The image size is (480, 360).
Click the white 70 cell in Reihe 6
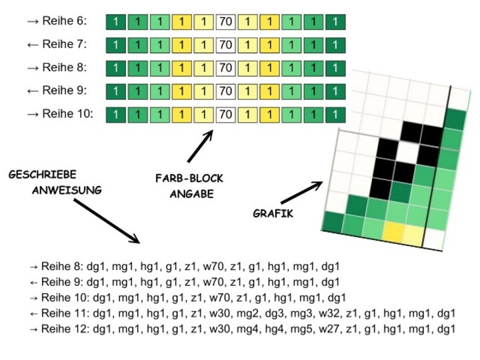[225, 22]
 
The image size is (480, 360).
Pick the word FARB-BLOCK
[189, 179]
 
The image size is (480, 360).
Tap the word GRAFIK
[273, 214]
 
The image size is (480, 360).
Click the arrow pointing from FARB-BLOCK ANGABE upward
[200, 147]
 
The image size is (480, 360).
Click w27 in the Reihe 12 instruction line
[333, 329]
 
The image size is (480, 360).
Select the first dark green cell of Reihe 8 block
[116, 68]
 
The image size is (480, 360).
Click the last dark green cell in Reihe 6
[335, 22]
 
